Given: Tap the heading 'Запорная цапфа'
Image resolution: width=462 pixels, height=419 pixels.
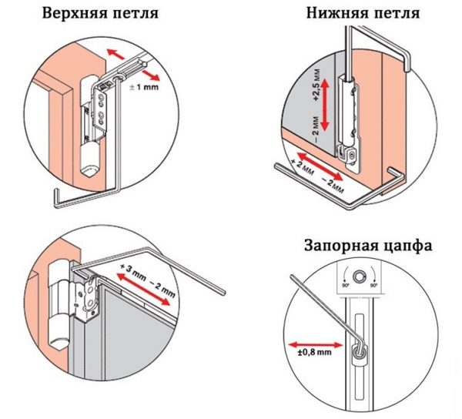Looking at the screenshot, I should [367, 247].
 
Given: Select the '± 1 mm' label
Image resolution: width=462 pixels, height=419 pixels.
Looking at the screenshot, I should [142, 89].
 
